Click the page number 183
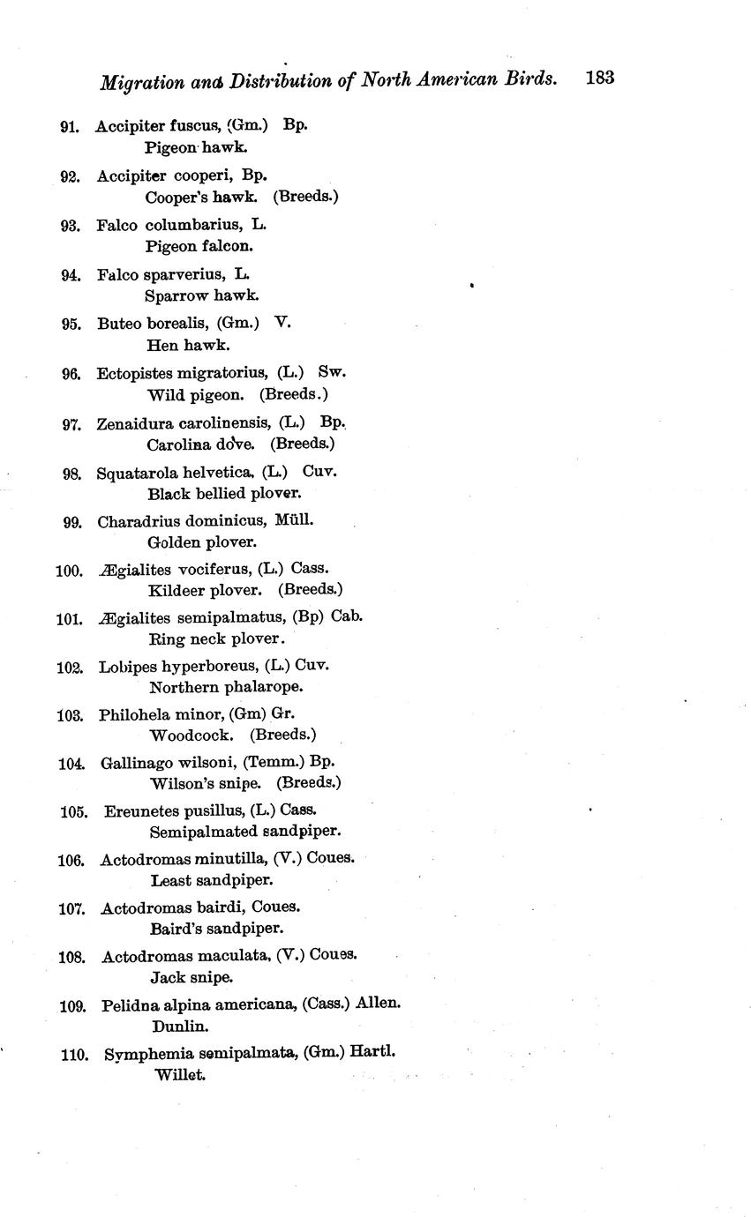tap(598, 78)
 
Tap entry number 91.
tap(70, 127)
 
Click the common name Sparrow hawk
tap(202, 295)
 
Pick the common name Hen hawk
tap(188, 345)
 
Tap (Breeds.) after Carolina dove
tap(302, 444)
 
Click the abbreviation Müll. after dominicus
tap(294, 520)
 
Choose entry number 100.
tap(69, 571)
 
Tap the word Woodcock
tap(192, 735)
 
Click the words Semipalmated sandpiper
tap(245, 831)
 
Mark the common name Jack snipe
tap(192, 977)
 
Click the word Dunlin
tap(180, 1027)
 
